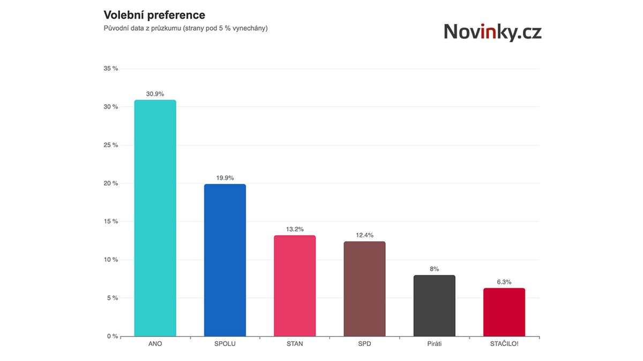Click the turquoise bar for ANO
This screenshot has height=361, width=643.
[x=155, y=218]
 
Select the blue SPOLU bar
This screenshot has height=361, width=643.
[x=225, y=260]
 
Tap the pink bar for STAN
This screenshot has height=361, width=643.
[x=295, y=286]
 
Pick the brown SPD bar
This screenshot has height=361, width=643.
[x=364, y=289]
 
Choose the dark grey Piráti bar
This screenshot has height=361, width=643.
[x=434, y=306]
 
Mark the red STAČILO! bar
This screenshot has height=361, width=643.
[x=504, y=312]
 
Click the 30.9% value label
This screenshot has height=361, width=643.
[x=155, y=94]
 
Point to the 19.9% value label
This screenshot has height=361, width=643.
[x=225, y=178]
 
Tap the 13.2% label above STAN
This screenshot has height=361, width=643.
[x=295, y=229]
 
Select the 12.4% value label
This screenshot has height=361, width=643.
[x=364, y=235]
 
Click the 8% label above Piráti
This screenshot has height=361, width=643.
[x=434, y=269]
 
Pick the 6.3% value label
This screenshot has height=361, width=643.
[x=504, y=282]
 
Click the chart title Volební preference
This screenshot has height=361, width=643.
[x=154, y=14]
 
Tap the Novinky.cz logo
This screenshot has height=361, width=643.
[x=492, y=32]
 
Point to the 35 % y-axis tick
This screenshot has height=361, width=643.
[x=111, y=68]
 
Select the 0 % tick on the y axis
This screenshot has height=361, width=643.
[x=112, y=336]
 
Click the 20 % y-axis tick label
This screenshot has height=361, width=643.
[x=111, y=183]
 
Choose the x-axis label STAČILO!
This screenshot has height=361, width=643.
[x=504, y=344]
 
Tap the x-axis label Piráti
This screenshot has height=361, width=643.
[x=434, y=344]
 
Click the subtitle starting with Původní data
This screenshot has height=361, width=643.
[x=185, y=28]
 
